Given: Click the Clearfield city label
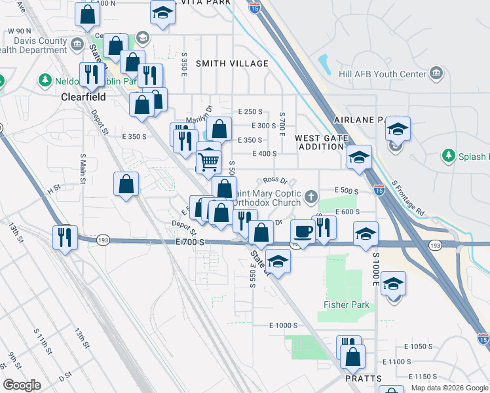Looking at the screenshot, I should point(83,96).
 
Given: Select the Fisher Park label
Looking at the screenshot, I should point(347,305).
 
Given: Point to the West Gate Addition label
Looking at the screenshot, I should point(319,142).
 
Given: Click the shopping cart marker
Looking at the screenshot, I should point(208,160).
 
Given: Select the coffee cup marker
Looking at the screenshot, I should point(303,231).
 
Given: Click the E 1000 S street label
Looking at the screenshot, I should point(284,326).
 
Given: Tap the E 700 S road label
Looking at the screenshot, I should point(191,242).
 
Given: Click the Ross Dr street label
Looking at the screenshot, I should point(275,180).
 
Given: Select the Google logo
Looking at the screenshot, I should point(22,384).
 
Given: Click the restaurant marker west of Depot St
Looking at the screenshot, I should point(66,237).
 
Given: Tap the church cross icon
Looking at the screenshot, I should point(312,195).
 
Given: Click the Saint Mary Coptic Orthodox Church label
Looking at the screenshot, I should point(270,198).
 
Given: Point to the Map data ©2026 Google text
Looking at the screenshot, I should point(449,388).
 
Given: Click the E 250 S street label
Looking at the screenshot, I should point(251,112).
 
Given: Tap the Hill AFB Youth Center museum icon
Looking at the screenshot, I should point(436,74).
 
